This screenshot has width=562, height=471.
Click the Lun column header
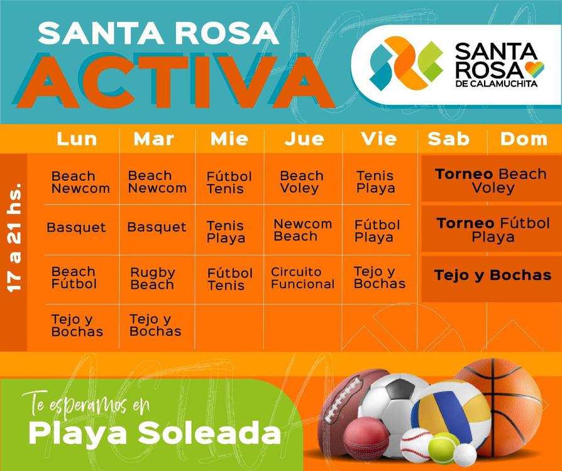click(77, 139)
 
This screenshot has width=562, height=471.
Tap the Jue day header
click(304, 139)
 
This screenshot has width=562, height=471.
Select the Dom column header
click(524, 139)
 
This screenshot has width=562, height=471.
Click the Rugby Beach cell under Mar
click(152, 278)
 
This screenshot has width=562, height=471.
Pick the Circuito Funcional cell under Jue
click(302, 278)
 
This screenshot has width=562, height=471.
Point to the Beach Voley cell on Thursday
click(302, 181)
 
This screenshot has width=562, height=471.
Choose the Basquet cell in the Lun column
click(76, 227)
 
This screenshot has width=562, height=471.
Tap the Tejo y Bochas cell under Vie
click(379, 278)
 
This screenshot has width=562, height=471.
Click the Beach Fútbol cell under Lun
click(74, 278)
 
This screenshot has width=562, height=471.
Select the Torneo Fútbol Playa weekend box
click(492, 230)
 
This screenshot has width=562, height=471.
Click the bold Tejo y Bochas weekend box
click(492, 275)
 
